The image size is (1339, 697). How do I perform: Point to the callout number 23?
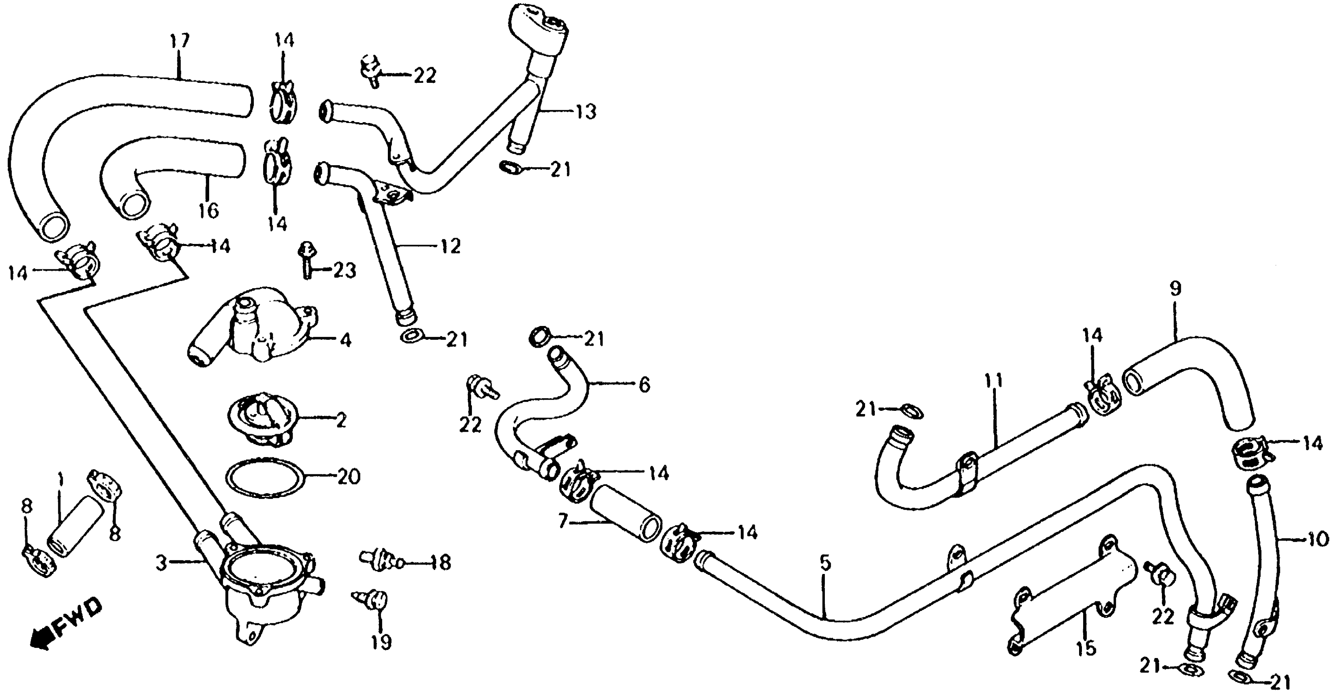point(344,270)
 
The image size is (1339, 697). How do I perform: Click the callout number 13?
point(585,112)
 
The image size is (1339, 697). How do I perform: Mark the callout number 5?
point(825,563)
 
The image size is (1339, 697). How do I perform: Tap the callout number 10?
point(1318,540)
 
